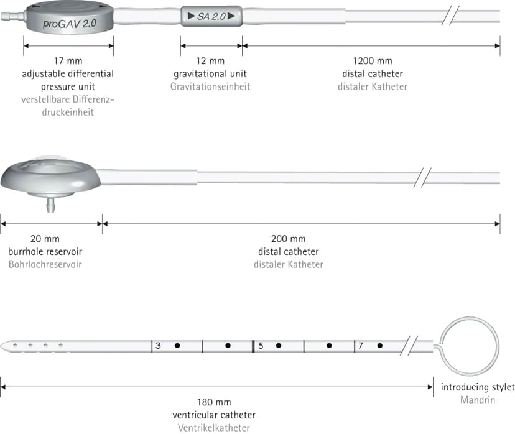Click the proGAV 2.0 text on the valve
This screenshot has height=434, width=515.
tap(70, 24)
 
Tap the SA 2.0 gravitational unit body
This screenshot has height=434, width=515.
tap(211, 16)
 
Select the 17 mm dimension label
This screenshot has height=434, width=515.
tap(68, 61)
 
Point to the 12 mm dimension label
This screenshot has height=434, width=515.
tap(210, 61)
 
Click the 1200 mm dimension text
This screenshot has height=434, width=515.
tap(373, 61)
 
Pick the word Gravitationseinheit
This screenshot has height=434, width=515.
tap(210, 86)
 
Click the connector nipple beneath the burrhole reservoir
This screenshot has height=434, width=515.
tap(50, 205)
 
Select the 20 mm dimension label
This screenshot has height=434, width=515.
tap(45, 239)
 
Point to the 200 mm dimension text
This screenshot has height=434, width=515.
tap(289, 239)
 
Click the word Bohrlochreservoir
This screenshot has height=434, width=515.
tap(45, 265)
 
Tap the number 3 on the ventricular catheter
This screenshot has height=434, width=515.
tap(159, 346)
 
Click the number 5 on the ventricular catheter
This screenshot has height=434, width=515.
tap(261, 346)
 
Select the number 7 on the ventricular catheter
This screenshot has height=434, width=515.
tap(361, 346)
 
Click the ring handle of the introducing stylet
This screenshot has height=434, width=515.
tap(470, 318)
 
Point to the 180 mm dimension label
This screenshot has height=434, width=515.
tap(214, 402)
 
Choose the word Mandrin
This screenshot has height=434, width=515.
tap(478, 400)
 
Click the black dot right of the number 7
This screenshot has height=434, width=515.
tap(379, 346)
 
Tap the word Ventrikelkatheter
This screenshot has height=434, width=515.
tap(214, 428)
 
